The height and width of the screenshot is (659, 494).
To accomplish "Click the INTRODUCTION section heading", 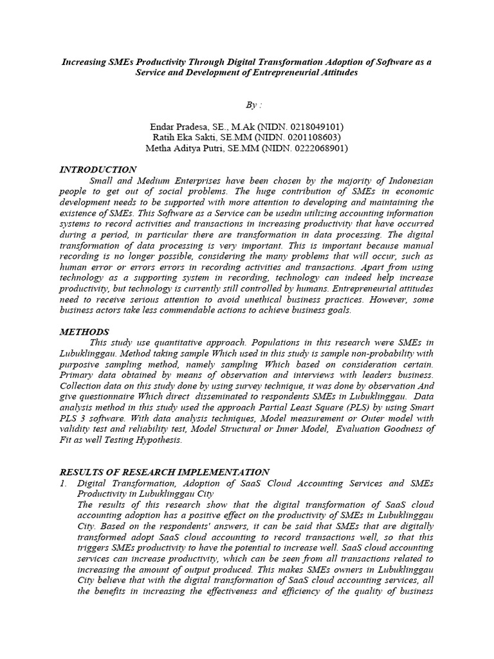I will click(98, 169).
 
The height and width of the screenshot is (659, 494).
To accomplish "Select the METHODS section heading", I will click(84, 331).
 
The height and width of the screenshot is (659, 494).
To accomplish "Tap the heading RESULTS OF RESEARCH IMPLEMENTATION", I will click(164, 472).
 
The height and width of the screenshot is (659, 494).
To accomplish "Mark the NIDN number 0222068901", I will click(314, 148).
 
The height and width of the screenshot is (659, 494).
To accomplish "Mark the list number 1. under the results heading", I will click(63, 483).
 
